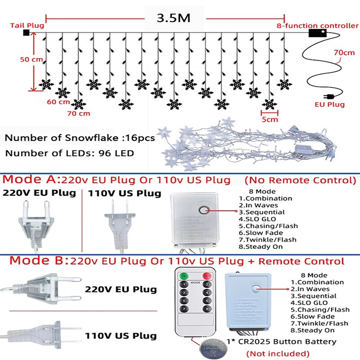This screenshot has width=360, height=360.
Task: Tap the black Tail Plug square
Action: click(x=26, y=32)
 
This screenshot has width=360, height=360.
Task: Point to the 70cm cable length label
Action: click(x=344, y=53)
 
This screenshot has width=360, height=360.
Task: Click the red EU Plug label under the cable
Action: click(x=329, y=104)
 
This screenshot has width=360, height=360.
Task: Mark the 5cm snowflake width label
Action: click(x=270, y=120)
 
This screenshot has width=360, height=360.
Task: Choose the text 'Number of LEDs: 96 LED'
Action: click(x=69, y=153)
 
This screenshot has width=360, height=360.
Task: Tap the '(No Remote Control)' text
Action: click(x=300, y=180)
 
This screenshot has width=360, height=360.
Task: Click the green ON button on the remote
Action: click(x=184, y=275)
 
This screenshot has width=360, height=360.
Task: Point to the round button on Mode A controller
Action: click(x=205, y=210)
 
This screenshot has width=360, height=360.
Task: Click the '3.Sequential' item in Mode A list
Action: click(x=261, y=212)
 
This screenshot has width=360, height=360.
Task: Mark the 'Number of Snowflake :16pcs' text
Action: click(x=80, y=138)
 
